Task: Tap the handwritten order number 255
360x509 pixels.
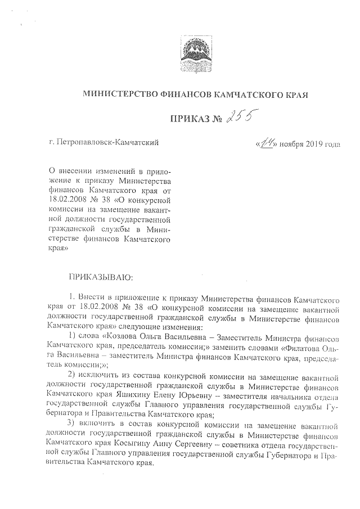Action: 239,116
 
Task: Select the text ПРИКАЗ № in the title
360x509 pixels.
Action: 193,118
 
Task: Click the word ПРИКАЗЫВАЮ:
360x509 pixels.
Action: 100,277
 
